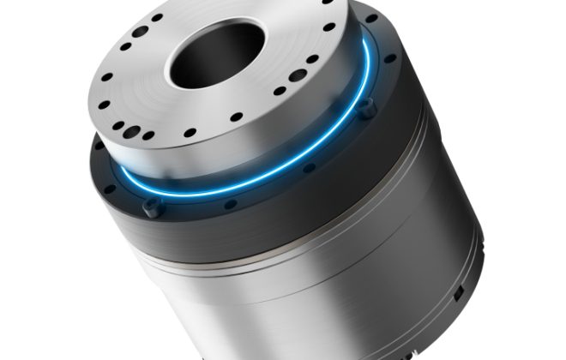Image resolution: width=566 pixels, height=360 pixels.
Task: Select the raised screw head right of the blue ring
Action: (x=366, y=106)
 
